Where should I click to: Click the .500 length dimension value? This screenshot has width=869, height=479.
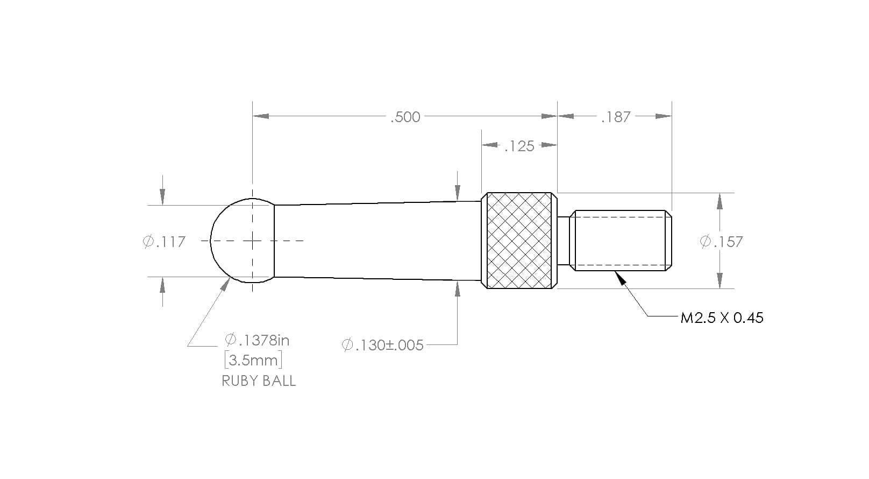point(405,117)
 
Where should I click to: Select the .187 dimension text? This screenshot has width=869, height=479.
point(616,117)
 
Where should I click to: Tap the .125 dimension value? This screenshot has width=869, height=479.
point(519,146)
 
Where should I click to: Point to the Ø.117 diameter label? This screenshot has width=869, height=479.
point(165,242)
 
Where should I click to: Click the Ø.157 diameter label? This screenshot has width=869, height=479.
point(722,242)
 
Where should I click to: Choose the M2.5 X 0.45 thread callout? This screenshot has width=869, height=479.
point(722,318)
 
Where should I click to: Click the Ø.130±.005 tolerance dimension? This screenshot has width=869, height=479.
point(382,345)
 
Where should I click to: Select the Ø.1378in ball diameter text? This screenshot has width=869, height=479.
point(257,341)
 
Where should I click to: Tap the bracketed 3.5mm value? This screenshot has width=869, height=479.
point(253,360)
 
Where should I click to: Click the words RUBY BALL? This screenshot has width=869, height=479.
point(259,381)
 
